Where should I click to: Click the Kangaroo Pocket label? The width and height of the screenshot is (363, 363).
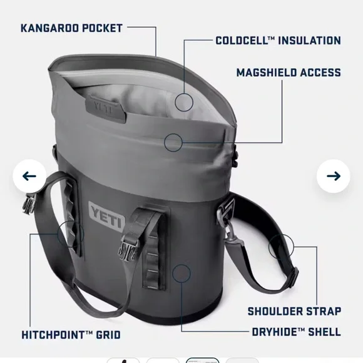(x=72, y=28)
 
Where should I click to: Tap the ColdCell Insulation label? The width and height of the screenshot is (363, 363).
(x=278, y=41)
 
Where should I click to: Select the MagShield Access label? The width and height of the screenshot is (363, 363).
(x=289, y=72)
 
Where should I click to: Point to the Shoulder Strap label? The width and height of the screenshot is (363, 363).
(x=294, y=311)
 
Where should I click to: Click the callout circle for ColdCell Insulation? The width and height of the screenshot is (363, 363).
(x=184, y=101)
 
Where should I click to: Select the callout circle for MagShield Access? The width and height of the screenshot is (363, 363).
(x=173, y=143)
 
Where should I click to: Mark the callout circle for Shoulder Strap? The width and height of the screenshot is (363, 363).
(x=280, y=247)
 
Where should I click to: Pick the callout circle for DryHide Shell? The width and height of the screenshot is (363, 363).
(x=181, y=273)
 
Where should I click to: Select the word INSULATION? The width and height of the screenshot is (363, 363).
(x=305, y=41)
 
